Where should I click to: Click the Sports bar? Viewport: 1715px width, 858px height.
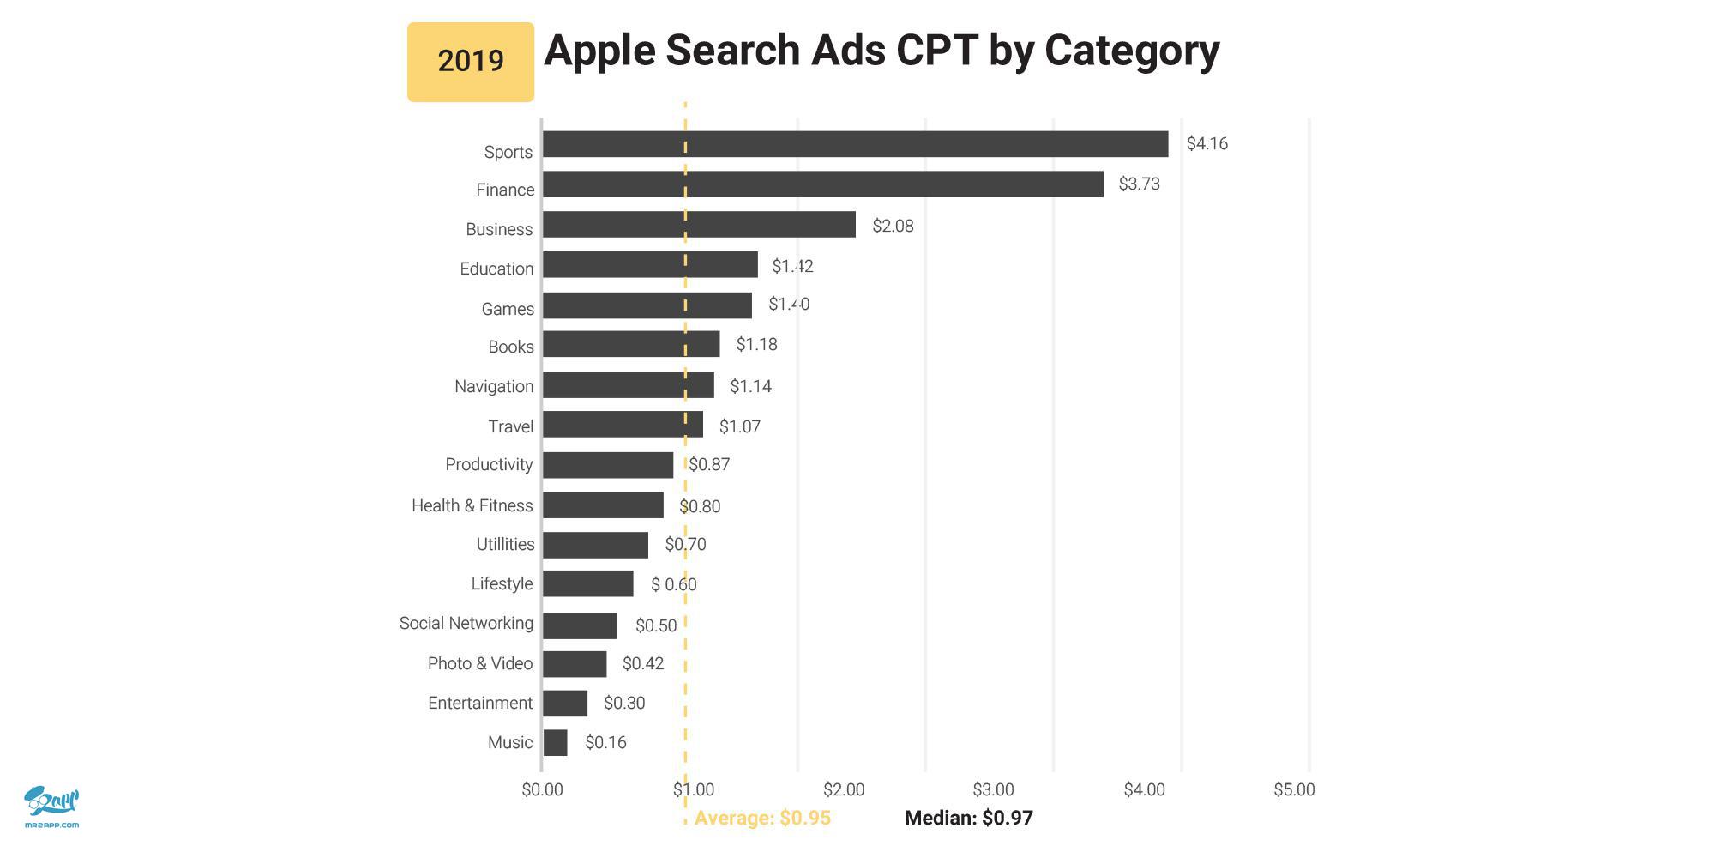tap(855, 144)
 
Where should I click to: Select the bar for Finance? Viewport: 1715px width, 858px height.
tap(823, 184)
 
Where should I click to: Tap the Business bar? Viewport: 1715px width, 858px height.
tap(699, 225)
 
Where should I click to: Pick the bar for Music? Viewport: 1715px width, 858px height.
tap(555, 743)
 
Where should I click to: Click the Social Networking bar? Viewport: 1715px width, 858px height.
tap(580, 625)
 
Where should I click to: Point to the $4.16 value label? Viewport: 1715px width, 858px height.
tap(1207, 144)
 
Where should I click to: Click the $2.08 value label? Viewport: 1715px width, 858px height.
tap(893, 226)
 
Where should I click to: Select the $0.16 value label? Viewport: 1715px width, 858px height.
tap(605, 743)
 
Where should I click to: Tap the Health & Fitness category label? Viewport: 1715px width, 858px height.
tap(472, 505)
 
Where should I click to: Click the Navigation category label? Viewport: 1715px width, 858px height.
tap(494, 386)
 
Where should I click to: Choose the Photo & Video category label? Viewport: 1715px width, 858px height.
tap(480, 663)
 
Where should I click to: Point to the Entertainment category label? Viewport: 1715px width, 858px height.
tap(480, 704)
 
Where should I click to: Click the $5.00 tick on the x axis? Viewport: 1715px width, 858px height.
tap(1294, 789)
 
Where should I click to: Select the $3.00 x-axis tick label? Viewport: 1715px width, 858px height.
tap(993, 789)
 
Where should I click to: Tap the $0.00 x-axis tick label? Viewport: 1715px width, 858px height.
tap(542, 789)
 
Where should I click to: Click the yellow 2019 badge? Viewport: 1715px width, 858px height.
tap(470, 62)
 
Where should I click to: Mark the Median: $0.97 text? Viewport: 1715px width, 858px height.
tap(969, 818)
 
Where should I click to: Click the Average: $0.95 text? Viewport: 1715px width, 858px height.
tap(762, 818)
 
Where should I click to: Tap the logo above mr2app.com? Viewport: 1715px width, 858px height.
tap(51, 801)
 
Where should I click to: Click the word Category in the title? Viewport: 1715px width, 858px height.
tap(1132, 50)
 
